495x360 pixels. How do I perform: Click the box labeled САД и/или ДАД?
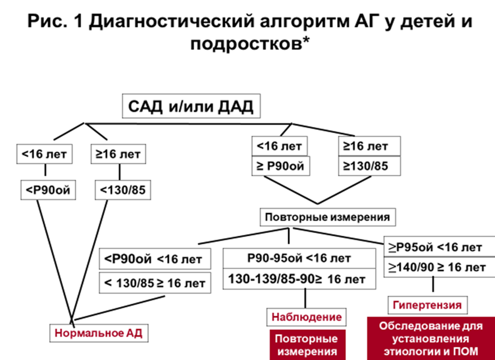pyautogui.click(x=190, y=107)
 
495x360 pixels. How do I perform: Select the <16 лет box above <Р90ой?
pyautogui.click(x=45, y=154)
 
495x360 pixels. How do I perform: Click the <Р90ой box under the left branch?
pyautogui.click(x=45, y=189)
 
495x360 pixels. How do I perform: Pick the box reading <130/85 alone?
pyautogui.click(x=122, y=189)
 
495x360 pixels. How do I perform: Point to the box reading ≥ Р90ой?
pyautogui.click(x=280, y=167)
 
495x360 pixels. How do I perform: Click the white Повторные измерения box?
pyautogui.click(x=327, y=217)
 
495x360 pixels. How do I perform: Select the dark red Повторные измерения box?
pyautogui.click(x=306, y=344)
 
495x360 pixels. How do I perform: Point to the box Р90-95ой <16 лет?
pyautogui.click(x=299, y=258)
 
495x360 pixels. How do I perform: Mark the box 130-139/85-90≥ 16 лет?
pyautogui.click(x=299, y=279)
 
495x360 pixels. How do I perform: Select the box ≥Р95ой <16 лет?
pyautogui.click(x=435, y=246)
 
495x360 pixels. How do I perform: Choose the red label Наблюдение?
pyautogui.click(x=306, y=317)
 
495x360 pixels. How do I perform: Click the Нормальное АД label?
pyautogui.click(x=98, y=333)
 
